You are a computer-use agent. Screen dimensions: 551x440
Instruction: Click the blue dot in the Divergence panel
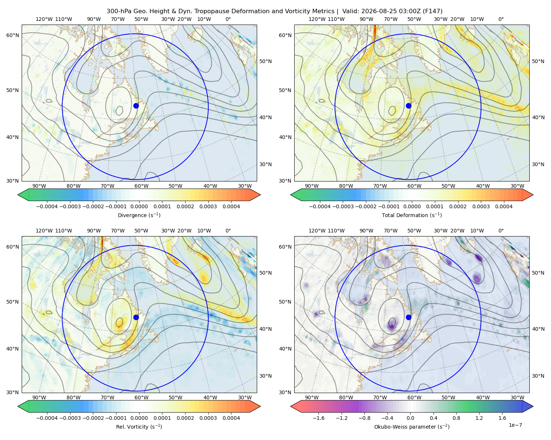click(x=136, y=106)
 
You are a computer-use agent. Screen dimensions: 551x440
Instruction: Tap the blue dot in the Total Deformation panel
click(x=408, y=106)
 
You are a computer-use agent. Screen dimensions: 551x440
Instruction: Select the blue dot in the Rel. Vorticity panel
click(x=136, y=317)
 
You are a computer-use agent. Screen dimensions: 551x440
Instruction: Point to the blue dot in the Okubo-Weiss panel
click(x=408, y=317)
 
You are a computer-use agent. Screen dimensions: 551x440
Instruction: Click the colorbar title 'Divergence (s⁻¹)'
click(x=139, y=215)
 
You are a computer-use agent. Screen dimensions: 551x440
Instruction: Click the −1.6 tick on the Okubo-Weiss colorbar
click(x=318, y=418)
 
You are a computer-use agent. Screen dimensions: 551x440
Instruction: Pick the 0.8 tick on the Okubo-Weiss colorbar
click(x=456, y=418)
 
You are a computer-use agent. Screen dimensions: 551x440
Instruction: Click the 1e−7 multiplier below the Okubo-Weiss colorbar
click(x=515, y=425)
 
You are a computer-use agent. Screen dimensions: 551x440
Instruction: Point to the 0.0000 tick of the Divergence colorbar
click(x=139, y=206)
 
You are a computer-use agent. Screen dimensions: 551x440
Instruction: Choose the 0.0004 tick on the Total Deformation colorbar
click(x=504, y=206)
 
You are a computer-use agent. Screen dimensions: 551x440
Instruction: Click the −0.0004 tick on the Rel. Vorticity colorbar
click(x=47, y=418)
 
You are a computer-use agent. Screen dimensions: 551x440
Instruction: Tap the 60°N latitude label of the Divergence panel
click(x=12, y=35)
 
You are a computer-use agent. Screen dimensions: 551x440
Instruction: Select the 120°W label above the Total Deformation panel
click(x=317, y=19)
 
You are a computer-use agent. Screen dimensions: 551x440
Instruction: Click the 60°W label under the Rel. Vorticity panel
click(x=141, y=397)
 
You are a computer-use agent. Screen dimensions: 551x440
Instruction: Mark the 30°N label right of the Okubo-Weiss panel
click(x=538, y=376)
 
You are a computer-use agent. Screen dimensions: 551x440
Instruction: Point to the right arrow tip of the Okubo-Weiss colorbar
click(x=533, y=406)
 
